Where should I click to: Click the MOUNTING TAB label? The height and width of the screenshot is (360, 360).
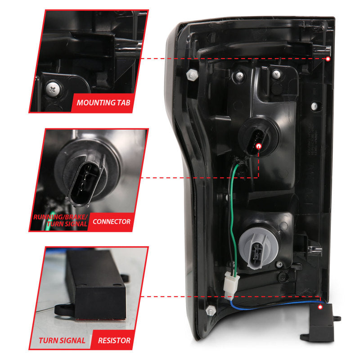[103, 103]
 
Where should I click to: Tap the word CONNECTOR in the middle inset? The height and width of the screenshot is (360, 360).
[111, 221]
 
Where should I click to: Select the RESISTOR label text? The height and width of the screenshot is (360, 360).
[114, 340]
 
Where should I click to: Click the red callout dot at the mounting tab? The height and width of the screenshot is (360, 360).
[328, 59]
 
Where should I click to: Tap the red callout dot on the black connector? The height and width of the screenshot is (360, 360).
[259, 146]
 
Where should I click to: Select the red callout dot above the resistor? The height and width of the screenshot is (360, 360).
[320, 306]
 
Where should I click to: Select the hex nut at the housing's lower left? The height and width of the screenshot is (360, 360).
[209, 311]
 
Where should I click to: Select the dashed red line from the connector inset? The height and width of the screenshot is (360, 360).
[202, 177]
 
